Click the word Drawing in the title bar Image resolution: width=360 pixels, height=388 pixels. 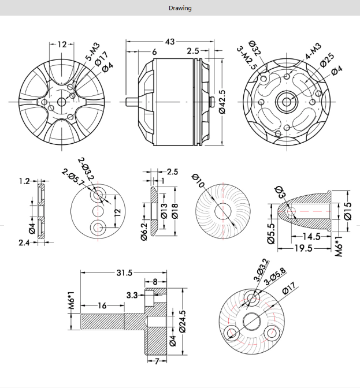[x=180, y=8]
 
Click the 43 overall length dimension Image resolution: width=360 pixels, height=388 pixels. [x=169, y=42]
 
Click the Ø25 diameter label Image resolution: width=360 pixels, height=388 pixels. [x=326, y=59]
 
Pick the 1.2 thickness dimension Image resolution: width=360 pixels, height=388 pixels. [x=24, y=181]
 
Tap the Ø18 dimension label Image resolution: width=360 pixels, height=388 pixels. [x=174, y=211]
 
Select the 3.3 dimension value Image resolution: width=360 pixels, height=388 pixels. [x=132, y=296]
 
